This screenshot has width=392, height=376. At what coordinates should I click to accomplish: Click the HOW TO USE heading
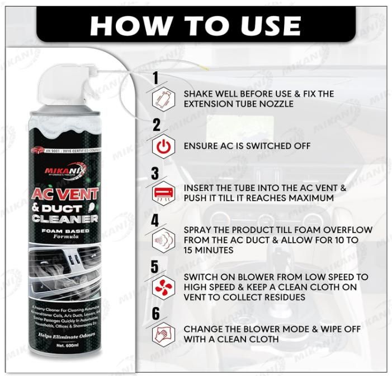[196, 24]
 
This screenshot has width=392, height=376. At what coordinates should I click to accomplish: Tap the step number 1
[155, 78]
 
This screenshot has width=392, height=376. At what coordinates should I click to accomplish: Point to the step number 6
[156, 314]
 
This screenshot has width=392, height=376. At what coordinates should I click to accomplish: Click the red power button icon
[162, 146]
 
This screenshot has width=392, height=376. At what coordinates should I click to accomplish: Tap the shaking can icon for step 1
[162, 99]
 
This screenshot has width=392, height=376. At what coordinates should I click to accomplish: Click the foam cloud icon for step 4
[162, 240]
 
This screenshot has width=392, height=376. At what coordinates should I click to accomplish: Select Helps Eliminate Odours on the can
[65, 336]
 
